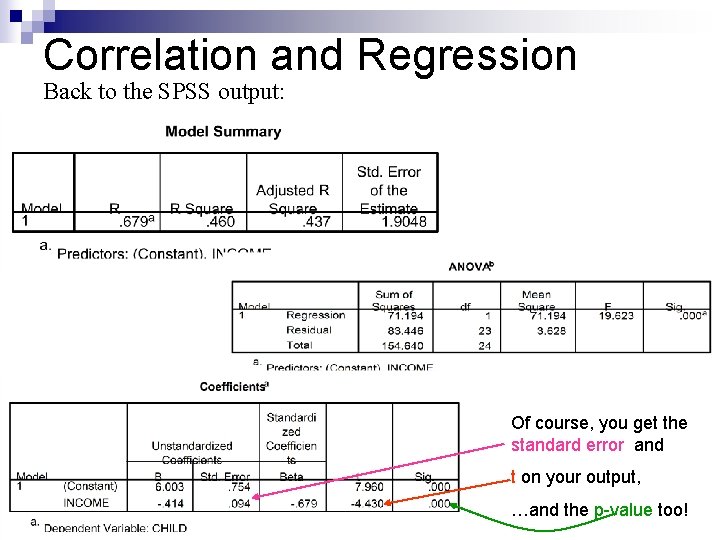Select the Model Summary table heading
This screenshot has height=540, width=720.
pyautogui.click(x=223, y=131)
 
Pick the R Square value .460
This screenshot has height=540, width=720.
pyautogui.click(x=220, y=222)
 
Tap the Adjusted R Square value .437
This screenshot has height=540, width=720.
pyautogui.click(x=316, y=222)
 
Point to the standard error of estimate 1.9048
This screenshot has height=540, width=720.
pyautogui.click(x=403, y=222)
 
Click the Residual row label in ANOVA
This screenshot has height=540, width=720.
pyautogui.click(x=308, y=330)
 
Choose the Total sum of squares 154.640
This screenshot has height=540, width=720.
pyautogui.click(x=398, y=345)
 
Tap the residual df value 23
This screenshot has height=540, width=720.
pyautogui.click(x=484, y=330)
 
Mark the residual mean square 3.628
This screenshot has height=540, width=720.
pyautogui.click(x=550, y=330)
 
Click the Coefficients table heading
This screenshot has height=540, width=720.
pyautogui.click(x=233, y=386)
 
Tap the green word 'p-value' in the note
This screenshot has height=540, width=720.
pyautogui.click(x=622, y=510)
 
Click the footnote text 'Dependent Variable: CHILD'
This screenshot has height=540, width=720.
pyautogui.click(x=115, y=527)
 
